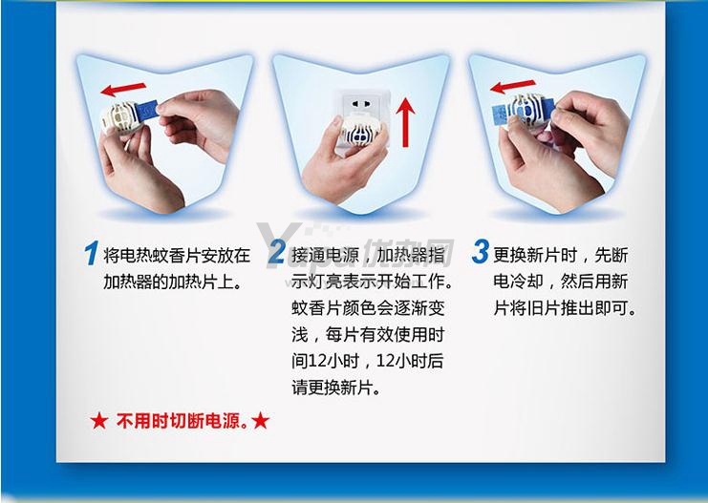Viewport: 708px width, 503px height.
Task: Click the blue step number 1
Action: (x=91, y=253)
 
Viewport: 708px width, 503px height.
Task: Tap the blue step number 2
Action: (x=276, y=252)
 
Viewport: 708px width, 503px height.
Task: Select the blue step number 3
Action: (x=481, y=251)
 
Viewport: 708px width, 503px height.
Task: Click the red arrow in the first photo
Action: (x=123, y=89)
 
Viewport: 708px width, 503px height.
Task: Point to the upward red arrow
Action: (x=405, y=122)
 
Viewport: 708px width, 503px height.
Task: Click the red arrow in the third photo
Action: (x=513, y=86)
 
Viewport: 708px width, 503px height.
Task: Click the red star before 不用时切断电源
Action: (x=98, y=421)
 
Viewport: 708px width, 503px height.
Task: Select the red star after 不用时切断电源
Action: (x=261, y=421)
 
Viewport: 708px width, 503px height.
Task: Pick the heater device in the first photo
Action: (x=119, y=116)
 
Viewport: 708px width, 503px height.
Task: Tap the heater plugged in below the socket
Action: (x=362, y=130)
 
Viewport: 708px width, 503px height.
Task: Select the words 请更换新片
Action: (x=331, y=388)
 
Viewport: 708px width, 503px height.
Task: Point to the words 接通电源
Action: (x=325, y=256)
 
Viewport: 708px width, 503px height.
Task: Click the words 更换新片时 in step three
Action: (x=535, y=256)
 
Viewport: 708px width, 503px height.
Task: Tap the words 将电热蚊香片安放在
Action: (x=177, y=256)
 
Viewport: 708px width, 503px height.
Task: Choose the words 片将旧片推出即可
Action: (x=565, y=308)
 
